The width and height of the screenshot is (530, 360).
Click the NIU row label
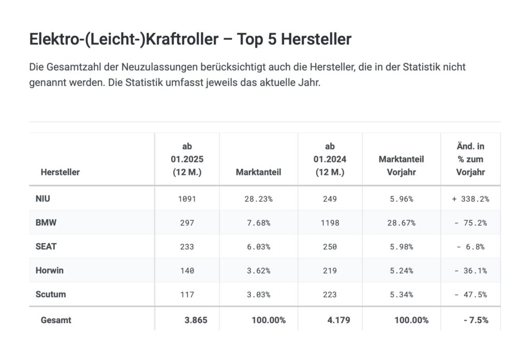click(43, 199)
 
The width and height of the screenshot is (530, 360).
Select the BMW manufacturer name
click(46, 223)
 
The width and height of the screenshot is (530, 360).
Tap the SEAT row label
click(46, 247)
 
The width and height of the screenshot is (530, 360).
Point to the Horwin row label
click(50, 271)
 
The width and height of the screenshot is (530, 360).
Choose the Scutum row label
click(51, 294)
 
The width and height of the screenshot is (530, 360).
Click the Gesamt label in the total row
click(56, 320)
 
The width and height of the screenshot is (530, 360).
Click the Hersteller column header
click(60, 172)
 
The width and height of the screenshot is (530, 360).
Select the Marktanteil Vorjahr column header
click(401, 166)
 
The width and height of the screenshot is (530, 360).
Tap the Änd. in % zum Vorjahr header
click(470, 159)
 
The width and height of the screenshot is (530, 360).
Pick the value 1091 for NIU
click(186, 199)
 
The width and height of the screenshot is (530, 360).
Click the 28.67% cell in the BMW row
click(401, 223)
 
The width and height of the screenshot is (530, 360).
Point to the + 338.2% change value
click(470, 199)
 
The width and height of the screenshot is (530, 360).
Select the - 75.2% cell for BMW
click(470, 223)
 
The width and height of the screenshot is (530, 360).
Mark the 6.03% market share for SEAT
click(258, 247)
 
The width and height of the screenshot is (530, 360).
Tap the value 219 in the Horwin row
click(330, 271)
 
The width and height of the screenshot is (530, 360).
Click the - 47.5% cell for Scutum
click(470, 294)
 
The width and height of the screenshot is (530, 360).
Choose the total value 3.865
click(196, 320)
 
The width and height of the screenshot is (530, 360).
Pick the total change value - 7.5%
click(476, 320)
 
